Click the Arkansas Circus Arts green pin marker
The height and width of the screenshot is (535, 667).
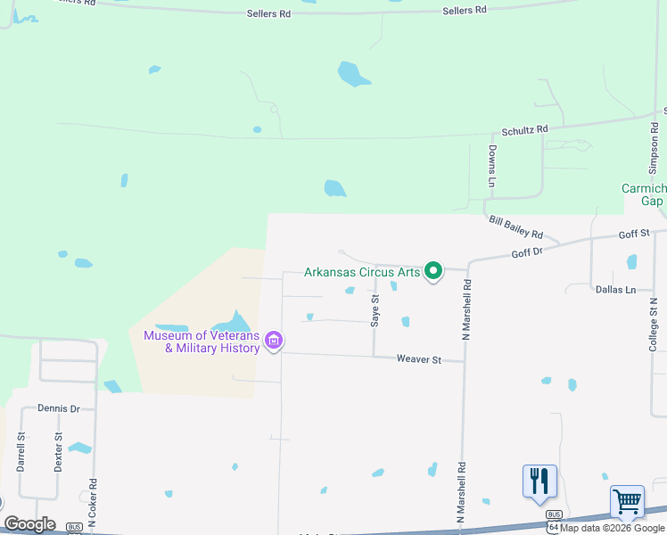coord(433,270)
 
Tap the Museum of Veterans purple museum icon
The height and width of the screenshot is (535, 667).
coord(274,341)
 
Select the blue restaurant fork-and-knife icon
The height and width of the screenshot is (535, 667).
coord(539,481)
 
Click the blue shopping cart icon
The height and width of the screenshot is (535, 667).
coord(627,502)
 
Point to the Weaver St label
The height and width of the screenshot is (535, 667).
coord(419,359)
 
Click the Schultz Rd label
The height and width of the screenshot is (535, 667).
coord(523,130)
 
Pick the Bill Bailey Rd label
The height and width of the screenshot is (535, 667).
coord(515,226)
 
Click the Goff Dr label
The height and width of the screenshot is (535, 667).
coord(527,253)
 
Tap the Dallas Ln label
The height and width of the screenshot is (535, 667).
coord(615,290)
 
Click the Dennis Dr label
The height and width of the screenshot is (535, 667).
coord(59,408)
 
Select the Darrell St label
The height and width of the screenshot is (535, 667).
coord(21,451)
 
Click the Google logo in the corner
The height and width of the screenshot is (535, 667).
coord(29,524)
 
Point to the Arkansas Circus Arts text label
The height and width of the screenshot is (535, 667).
coord(362,272)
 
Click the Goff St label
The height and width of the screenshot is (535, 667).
coord(635,234)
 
